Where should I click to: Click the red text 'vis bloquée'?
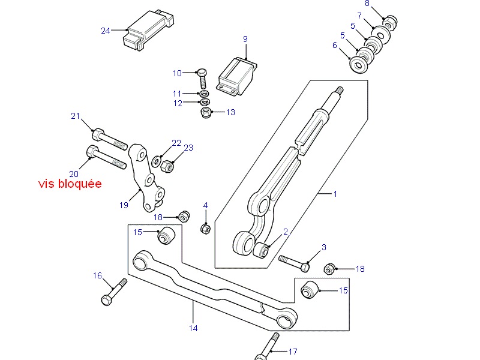click(x=70, y=184)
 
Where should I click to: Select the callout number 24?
click(x=106, y=31)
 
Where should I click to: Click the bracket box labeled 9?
click(x=238, y=76)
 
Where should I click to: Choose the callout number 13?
click(x=231, y=112)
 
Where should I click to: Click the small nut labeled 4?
click(x=205, y=229)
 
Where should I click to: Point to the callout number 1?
click(x=335, y=194)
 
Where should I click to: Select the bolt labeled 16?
click(x=114, y=292)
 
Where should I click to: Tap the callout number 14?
click(x=193, y=328)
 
